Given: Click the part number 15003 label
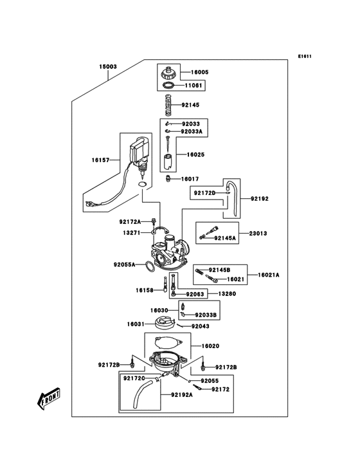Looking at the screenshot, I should click(108, 66).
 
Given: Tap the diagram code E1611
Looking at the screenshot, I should click(305, 56).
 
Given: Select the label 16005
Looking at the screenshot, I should click(199, 72).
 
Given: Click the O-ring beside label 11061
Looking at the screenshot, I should click(169, 86).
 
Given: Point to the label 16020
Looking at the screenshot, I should click(211, 346).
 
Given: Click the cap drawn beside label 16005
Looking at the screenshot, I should click(168, 71).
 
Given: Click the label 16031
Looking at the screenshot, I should click(135, 324).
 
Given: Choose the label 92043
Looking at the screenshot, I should click(200, 326).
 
